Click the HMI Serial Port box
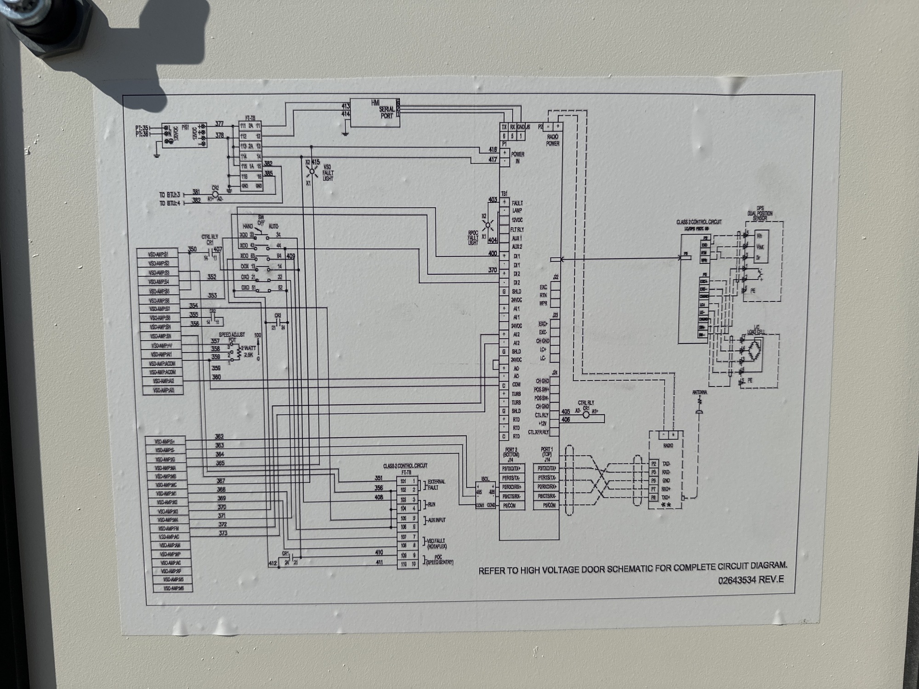[374, 113]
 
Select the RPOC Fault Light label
[474, 237]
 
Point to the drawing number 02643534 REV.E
[751, 580]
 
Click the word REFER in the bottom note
[492, 571]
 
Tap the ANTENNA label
[699, 393]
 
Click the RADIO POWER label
[553, 141]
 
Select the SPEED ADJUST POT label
[232, 337]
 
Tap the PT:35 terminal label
[142, 127]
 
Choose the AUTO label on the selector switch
[273, 227]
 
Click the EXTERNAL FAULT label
[436, 485]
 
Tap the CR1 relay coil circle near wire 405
[586, 414]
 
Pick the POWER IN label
[517, 158]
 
